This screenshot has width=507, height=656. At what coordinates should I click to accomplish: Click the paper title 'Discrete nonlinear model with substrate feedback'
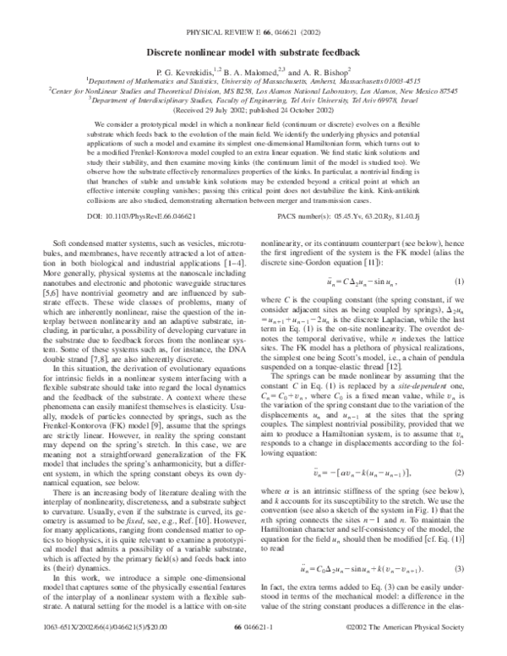253,52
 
